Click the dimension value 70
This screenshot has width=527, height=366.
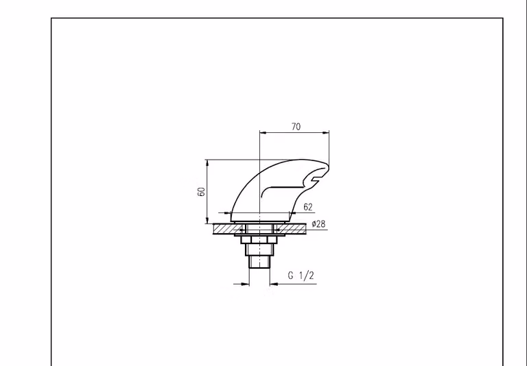click(296, 127)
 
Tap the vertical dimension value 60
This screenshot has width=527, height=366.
click(201, 192)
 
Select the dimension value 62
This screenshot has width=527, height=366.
click(308, 207)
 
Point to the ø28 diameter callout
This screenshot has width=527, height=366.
click(318, 223)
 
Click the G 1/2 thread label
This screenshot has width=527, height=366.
click(301, 276)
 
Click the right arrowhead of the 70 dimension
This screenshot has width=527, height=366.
click(326, 133)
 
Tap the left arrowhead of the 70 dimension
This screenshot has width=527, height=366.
click(263, 133)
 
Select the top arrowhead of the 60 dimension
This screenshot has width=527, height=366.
click(207, 163)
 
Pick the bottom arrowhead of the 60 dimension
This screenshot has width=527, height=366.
click(207, 220)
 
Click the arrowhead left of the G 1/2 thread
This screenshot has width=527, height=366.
click(246, 284)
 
